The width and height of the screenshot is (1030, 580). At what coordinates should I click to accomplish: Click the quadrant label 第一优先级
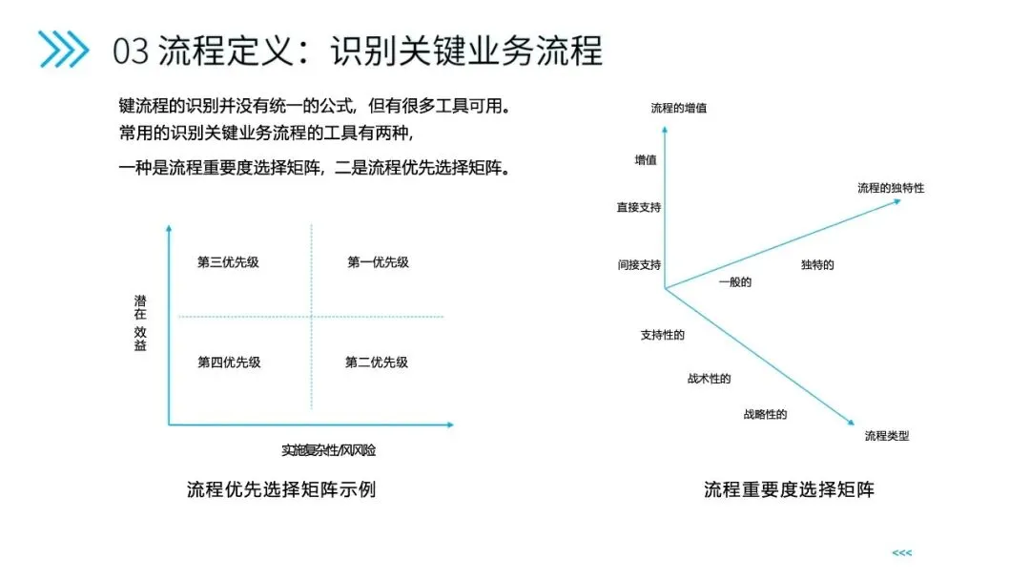[x=378, y=262]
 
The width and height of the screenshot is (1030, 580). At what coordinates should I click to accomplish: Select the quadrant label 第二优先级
[x=377, y=362]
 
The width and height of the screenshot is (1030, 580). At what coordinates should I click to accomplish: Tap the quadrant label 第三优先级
[x=228, y=262]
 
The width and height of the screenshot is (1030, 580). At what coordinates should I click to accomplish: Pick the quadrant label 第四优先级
[x=229, y=362]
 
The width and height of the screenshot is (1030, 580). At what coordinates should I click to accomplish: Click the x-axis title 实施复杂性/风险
[x=328, y=450]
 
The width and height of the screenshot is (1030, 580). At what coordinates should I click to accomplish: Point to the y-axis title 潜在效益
[x=141, y=322]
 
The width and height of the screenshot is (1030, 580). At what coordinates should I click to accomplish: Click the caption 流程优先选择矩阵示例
[x=281, y=489]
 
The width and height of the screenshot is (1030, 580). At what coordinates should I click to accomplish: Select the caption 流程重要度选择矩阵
[x=789, y=489]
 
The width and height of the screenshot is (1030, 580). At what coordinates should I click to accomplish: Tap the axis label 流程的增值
[x=678, y=108]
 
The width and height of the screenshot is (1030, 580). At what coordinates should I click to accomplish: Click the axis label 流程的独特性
[x=890, y=188]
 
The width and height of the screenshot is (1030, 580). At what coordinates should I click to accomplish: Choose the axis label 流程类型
[x=886, y=436]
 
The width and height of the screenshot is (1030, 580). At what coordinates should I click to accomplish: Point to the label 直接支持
[x=639, y=207]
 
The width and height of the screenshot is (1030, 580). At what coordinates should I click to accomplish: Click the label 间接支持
[x=639, y=264]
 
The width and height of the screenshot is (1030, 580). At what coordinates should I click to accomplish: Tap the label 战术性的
[x=709, y=379]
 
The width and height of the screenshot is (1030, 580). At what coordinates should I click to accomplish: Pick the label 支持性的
[x=662, y=335]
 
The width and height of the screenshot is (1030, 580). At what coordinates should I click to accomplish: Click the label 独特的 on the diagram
[x=817, y=264]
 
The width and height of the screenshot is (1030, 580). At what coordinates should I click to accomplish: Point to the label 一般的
[x=734, y=281]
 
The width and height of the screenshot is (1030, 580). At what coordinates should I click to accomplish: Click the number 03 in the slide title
[x=131, y=50]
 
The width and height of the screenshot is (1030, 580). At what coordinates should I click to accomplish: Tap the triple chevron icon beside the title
[x=63, y=50]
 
